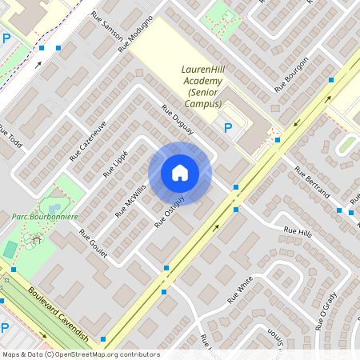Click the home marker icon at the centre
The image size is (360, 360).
tap(180, 173)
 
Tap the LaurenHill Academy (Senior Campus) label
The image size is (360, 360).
tap(202, 86)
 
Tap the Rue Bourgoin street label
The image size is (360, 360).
tap(292, 74)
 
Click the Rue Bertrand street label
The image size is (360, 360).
tap(312, 182)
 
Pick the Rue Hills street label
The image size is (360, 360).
tap(297, 232)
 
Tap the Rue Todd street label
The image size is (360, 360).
tap(10, 139)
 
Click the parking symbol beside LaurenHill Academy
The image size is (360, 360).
tap(228, 128)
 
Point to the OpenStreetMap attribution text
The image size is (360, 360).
tap(80, 354)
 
